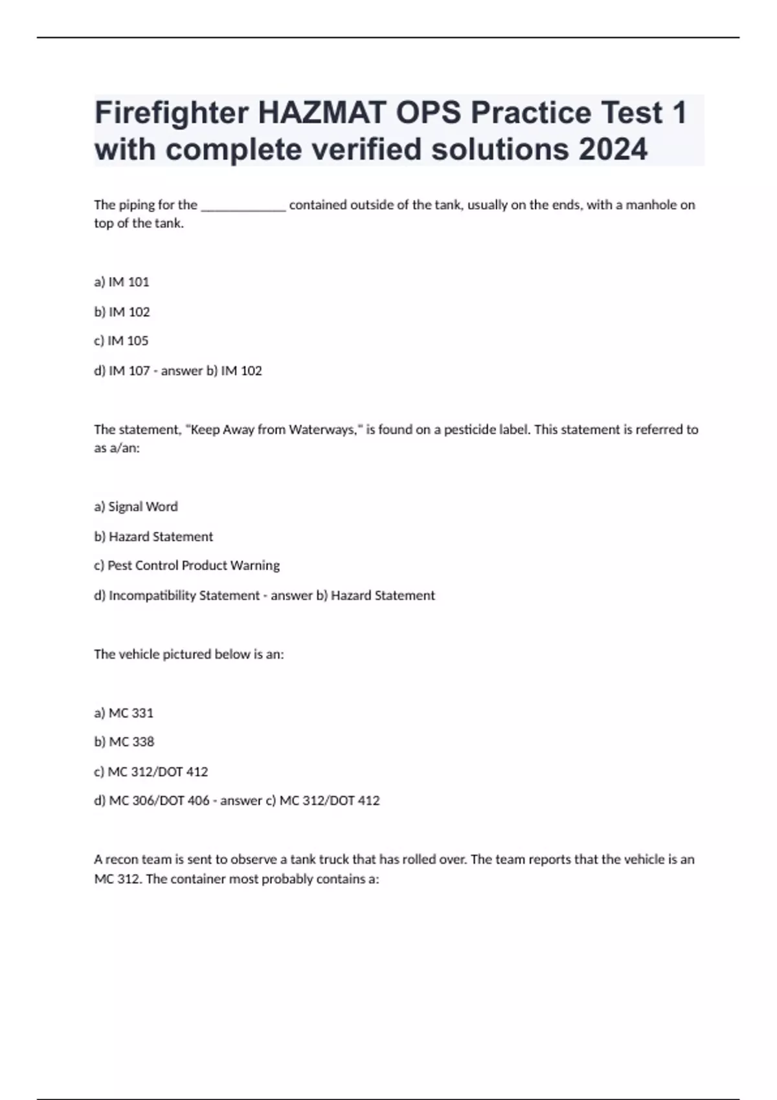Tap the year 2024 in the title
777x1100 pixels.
coord(613,149)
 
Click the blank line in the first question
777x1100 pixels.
coord(243,206)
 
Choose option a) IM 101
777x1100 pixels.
coord(122,282)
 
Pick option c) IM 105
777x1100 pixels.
coord(121,341)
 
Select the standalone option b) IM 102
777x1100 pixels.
coord(122,312)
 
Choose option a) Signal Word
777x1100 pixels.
coord(136,507)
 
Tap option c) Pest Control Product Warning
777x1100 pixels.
coord(187,566)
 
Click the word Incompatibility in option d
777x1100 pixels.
coord(152,595)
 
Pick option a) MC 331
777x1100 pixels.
coord(124,713)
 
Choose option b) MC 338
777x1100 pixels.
coord(124,742)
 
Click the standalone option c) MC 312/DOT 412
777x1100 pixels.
coord(151,772)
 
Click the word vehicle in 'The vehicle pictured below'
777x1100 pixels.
coord(139,654)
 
